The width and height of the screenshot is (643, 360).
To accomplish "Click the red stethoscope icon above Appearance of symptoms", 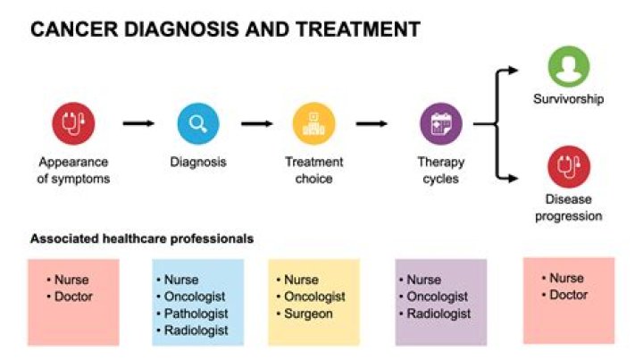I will tap(73, 123).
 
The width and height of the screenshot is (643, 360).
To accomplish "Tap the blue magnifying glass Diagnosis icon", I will tap(198, 123).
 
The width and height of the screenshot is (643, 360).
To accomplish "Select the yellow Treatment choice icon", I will tap(313, 123).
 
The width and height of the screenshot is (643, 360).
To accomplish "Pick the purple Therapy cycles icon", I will tap(441, 123).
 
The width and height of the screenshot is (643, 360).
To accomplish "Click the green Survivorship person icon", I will tap(569, 68).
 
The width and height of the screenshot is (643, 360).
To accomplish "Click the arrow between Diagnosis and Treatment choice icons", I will tap(256, 123).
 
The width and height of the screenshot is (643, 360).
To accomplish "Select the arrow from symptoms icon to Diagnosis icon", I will tap(138, 123).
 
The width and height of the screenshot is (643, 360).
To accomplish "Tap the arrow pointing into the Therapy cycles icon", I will tap(376, 123).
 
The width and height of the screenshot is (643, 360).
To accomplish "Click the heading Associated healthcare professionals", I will tap(142, 239).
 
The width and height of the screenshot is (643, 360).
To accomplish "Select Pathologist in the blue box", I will tap(196, 314).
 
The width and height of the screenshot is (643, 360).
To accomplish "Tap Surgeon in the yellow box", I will tap(308, 314).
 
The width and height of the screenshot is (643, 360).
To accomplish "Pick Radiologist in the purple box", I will tap(438, 314).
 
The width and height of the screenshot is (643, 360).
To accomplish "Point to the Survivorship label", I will tap(569, 98).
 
